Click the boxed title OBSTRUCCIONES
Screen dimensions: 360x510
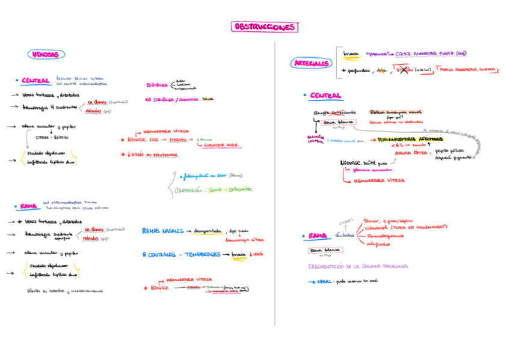pyautogui.click(x=264, y=27)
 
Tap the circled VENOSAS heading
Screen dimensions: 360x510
pyautogui.click(x=45, y=54)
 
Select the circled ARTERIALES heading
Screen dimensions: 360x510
pyautogui.click(x=312, y=63)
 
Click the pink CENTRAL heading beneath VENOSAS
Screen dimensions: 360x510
pyautogui.click(x=35, y=81)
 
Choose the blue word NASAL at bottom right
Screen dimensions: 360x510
pyautogui.click(x=325, y=281)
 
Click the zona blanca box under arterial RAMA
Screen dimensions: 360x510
pyautogui.click(x=323, y=250)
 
